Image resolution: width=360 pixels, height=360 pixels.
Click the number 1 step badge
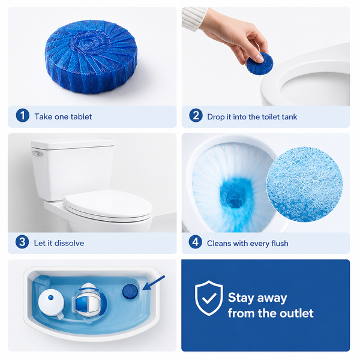(23, 115)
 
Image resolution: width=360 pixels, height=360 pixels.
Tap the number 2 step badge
(196, 115)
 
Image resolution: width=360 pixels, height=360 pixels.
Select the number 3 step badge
(22, 242)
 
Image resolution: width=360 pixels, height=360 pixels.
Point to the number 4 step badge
(196, 242)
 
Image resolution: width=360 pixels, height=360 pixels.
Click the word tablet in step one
(81, 116)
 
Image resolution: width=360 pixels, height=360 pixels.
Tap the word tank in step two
(289, 117)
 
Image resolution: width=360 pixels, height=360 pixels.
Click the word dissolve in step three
(70, 243)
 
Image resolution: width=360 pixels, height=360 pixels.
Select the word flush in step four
(280, 244)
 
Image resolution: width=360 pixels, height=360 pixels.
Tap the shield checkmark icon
(209, 298)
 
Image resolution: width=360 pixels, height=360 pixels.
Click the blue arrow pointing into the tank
(154, 283)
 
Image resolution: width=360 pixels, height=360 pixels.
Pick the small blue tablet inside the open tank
(130, 292)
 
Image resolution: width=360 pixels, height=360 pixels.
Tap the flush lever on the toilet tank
(37, 154)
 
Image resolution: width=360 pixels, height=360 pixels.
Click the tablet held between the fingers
(260, 64)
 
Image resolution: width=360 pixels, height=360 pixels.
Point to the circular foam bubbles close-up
(304, 185)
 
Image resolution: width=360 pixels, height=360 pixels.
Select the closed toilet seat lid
(108, 205)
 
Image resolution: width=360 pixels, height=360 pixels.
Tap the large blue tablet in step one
(91, 57)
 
